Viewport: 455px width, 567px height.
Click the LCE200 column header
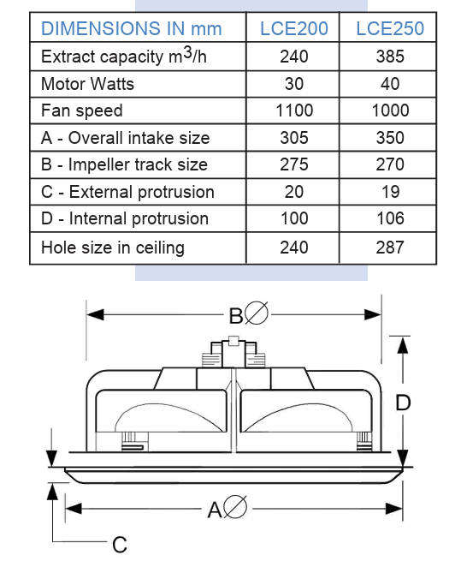[x=293, y=29]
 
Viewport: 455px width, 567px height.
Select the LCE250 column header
[x=389, y=29]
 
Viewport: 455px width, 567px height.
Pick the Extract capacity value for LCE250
[x=389, y=57]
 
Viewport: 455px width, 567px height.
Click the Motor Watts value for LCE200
[x=293, y=84]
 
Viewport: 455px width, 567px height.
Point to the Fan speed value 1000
[x=389, y=110]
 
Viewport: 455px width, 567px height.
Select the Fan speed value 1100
[x=293, y=110]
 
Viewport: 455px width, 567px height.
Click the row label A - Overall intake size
[x=125, y=138]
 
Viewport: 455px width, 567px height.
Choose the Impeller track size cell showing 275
[x=293, y=164]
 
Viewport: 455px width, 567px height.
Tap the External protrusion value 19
[x=389, y=192]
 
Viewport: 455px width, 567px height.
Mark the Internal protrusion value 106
[x=389, y=218]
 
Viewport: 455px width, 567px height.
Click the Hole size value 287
[x=389, y=248]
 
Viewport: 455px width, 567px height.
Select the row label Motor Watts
[x=87, y=84]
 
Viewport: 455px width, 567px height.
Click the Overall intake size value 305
[x=293, y=138]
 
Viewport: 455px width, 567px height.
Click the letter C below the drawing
[x=120, y=544]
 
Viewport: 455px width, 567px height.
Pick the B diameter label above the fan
[x=247, y=315]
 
